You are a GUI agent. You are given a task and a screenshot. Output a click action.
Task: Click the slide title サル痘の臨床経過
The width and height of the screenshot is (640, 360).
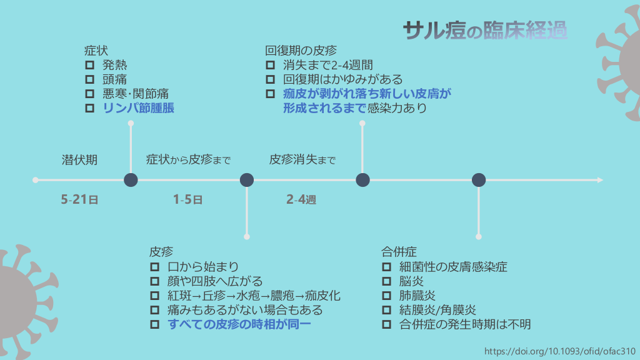coord(485,29)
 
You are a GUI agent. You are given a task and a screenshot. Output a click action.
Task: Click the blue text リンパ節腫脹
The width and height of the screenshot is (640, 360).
coord(138,108)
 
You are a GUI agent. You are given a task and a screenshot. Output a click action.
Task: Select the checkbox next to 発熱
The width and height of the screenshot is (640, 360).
coord(89,65)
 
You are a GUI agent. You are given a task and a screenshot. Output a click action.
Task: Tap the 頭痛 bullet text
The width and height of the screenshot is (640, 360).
coord(115,79)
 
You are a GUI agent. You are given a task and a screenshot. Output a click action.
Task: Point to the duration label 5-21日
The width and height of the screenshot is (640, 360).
coord(79,200)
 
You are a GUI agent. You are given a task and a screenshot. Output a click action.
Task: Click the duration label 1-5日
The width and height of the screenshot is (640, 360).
coord(187,200)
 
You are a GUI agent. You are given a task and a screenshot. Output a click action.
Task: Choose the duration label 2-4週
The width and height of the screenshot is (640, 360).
coord(301,200)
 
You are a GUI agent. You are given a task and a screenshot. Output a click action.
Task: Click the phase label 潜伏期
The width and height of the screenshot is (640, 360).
coord(79,159)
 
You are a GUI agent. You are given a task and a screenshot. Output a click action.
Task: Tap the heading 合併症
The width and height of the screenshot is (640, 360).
coord(399,252)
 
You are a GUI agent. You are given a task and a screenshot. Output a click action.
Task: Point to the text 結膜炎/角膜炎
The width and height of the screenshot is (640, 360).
coord(438,310)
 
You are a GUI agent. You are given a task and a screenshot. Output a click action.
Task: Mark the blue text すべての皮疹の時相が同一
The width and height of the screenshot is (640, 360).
coord(239,324)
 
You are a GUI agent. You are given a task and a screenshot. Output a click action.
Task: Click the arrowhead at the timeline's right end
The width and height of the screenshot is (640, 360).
coord(600,180)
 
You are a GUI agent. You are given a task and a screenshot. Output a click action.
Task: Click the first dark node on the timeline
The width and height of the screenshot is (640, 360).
coord(131,180)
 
